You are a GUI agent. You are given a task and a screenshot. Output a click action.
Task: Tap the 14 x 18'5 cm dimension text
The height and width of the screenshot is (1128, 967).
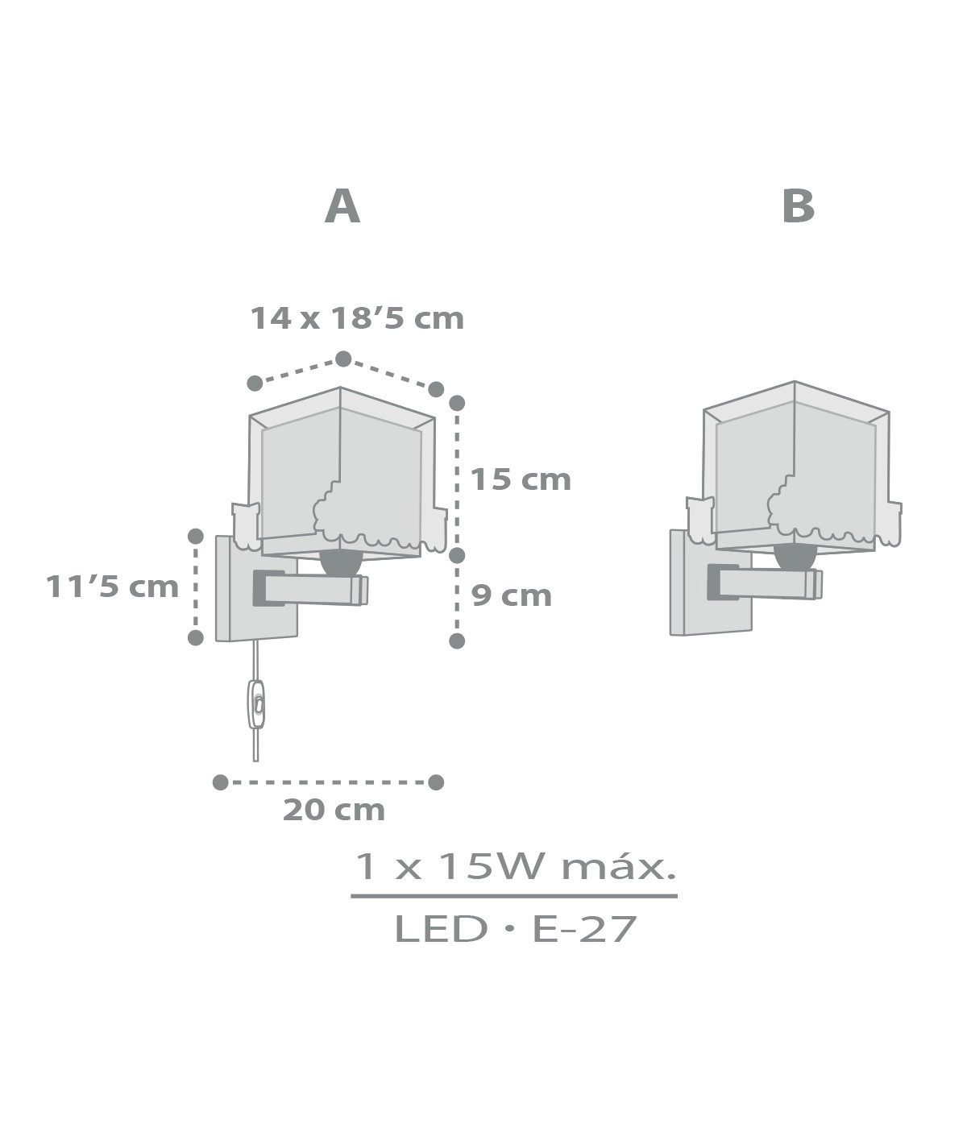tap(356, 318)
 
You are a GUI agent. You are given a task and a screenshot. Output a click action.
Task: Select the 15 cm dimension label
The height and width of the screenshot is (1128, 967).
tap(521, 479)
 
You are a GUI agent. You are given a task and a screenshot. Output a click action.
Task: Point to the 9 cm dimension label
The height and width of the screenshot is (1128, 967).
tap(512, 596)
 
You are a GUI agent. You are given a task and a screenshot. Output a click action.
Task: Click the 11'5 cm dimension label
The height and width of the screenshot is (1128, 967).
tap(112, 587)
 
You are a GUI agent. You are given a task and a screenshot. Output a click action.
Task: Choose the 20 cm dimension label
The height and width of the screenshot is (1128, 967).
tap(334, 810)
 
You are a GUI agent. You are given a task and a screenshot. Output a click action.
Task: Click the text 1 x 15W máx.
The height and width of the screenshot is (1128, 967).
tap(514, 867)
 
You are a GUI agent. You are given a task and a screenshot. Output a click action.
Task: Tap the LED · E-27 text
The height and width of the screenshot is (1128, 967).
tap(515, 929)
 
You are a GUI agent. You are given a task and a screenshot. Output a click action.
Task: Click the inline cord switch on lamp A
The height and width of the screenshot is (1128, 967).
tap(256, 704)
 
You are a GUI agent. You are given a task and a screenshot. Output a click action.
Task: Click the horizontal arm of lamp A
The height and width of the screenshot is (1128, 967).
tap(314, 588)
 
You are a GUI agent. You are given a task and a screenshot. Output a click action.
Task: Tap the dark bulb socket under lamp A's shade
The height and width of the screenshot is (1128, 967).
tap(341, 562)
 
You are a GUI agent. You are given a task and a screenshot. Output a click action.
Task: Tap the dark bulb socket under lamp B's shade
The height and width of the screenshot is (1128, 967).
tap(795, 556)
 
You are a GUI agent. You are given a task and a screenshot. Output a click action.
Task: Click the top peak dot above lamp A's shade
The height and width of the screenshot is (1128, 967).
tap(343, 359)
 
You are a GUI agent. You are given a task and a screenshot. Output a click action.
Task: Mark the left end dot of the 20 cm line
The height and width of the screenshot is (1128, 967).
tap(220, 782)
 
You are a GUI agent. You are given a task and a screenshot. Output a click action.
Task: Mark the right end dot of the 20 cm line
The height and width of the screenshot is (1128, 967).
tap(436, 782)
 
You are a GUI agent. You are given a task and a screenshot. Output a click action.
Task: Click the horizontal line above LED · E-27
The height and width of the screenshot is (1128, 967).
tap(514, 895)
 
